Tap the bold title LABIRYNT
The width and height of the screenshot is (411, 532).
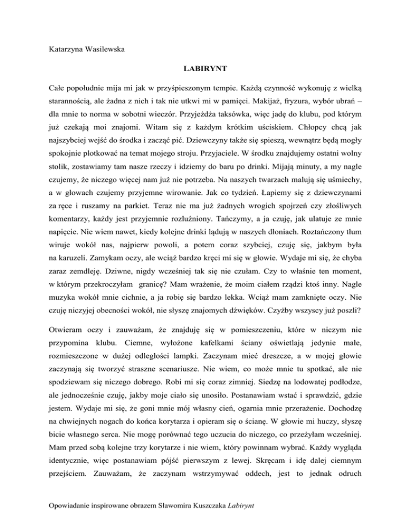205,70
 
